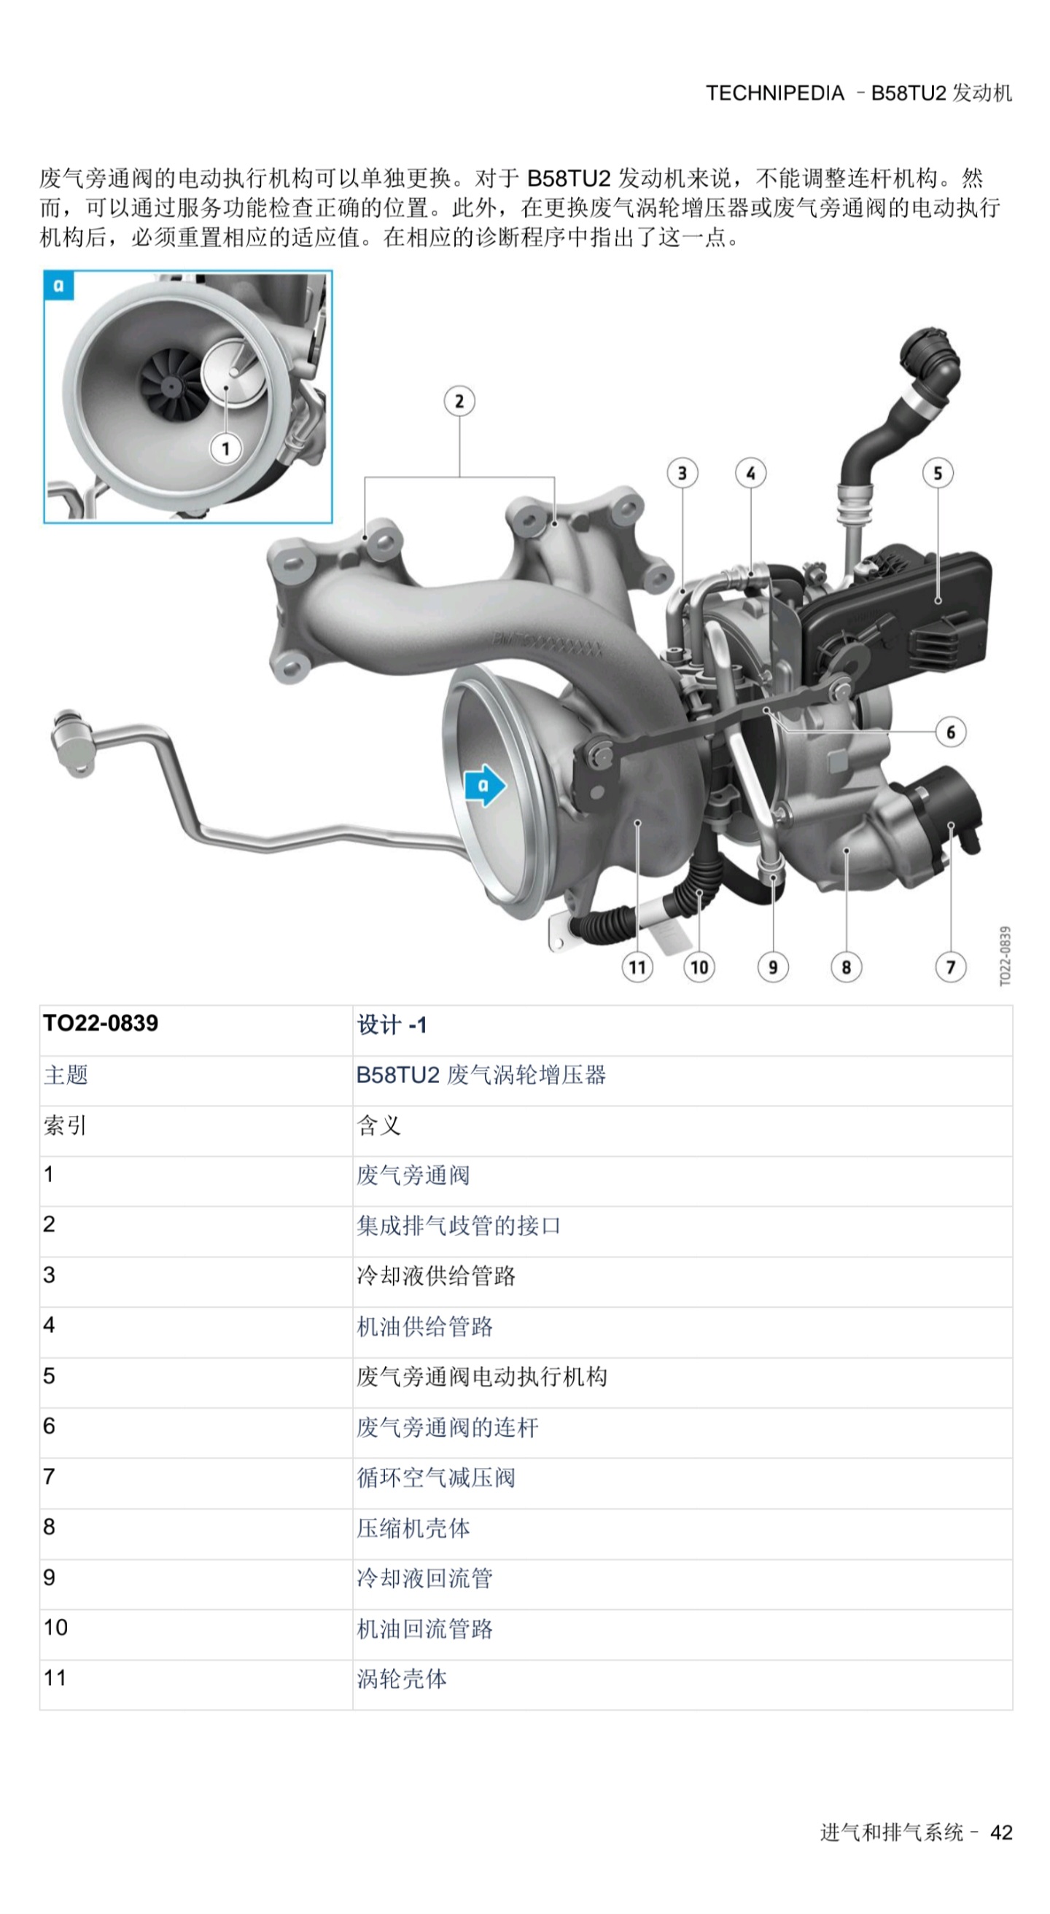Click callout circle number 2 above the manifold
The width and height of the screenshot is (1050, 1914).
tap(459, 401)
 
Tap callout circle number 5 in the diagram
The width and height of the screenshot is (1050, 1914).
tap(938, 473)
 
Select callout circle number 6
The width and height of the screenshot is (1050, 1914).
tap(950, 732)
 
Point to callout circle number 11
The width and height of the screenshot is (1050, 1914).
tap(637, 966)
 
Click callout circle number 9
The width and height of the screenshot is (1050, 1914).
tap(773, 966)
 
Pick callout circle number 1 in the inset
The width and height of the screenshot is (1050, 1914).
tap(226, 448)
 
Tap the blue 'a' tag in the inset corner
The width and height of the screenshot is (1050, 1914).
tap(60, 286)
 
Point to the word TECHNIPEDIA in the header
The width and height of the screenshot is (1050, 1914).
tap(775, 93)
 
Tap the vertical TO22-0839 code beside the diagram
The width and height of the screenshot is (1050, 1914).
tap(1005, 956)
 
